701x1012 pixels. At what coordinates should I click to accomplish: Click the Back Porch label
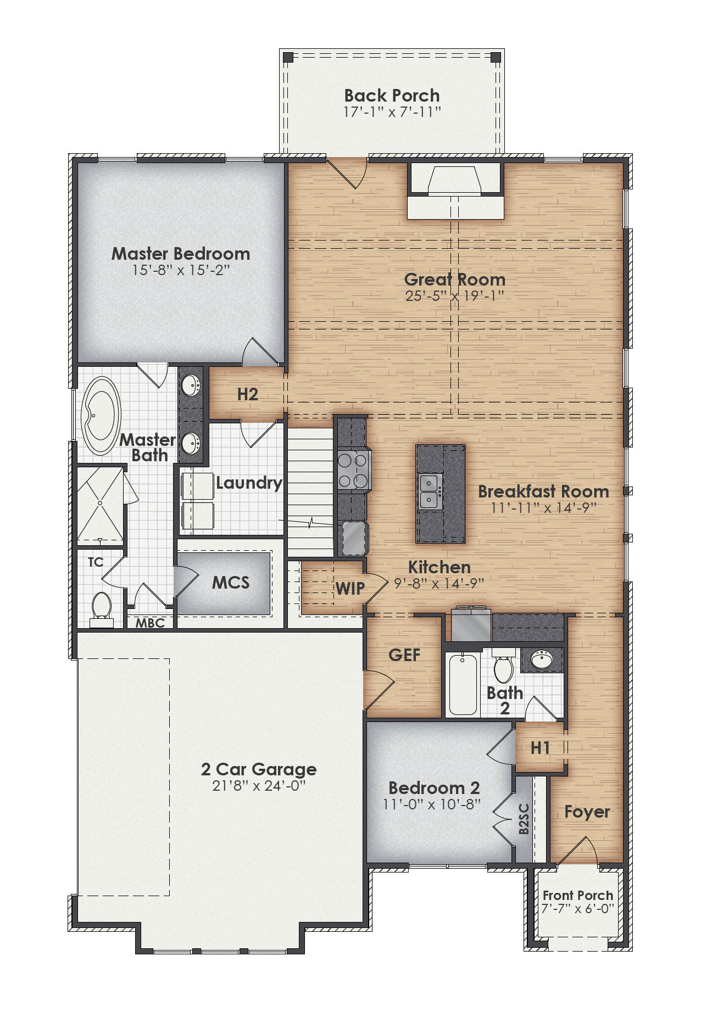[x=392, y=96]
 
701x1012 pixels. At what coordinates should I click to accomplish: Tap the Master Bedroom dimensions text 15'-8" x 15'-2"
[x=180, y=270]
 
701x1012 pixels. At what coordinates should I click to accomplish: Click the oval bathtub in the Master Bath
[x=101, y=416]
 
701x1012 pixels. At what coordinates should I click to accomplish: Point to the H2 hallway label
[x=248, y=394]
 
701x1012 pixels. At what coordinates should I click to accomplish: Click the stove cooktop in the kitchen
[x=353, y=471]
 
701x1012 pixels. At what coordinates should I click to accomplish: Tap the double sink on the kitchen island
[x=429, y=492]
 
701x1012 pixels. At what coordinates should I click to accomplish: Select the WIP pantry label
[x=350, y=589]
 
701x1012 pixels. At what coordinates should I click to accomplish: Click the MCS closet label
[x=231, y=583]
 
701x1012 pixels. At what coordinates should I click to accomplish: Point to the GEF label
[x=404, y=655]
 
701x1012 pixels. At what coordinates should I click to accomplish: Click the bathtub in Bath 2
[x=463, y=684]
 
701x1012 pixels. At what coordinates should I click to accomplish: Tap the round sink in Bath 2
[x=542, y=659]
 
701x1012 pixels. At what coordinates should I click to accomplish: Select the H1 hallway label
[x=540, y=748]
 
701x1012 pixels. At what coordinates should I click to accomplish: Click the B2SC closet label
[x=524, y=819]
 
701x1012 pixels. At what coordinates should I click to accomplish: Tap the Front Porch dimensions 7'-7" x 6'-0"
[x=577, y=909]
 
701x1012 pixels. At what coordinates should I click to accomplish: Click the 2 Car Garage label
[x=259, y=769]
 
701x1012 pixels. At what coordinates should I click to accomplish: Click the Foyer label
[x=587, y=812]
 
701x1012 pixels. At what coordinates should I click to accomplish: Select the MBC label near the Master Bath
[x=150, y=623]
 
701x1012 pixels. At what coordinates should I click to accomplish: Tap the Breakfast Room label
[x=543, y=491]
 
